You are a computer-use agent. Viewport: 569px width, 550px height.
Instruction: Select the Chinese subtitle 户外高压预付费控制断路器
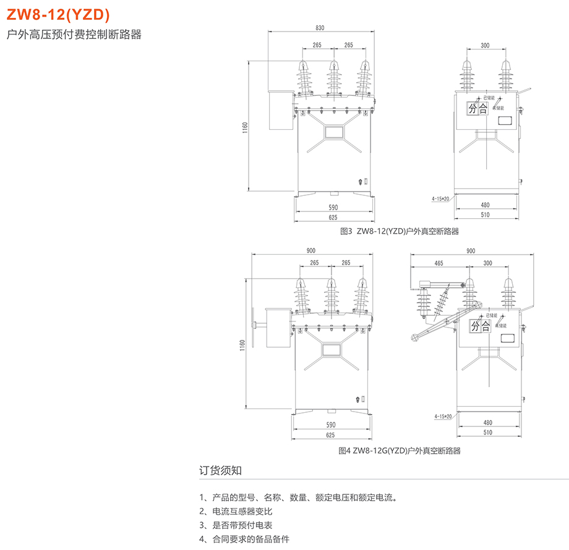(x=74, y=35)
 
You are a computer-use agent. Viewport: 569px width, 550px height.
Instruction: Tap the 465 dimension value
(x=439, y=263)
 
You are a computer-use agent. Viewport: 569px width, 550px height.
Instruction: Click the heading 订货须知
(x=221, y=470)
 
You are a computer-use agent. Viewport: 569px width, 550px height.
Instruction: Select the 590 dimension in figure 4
(x=332, y=425)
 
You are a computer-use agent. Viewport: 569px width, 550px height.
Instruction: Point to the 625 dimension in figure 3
(x=333, y=217)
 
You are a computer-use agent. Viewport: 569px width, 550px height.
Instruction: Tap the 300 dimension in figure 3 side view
(x=485, y=45)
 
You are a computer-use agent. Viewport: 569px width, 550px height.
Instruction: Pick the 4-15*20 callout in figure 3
(x=442, y=198)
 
